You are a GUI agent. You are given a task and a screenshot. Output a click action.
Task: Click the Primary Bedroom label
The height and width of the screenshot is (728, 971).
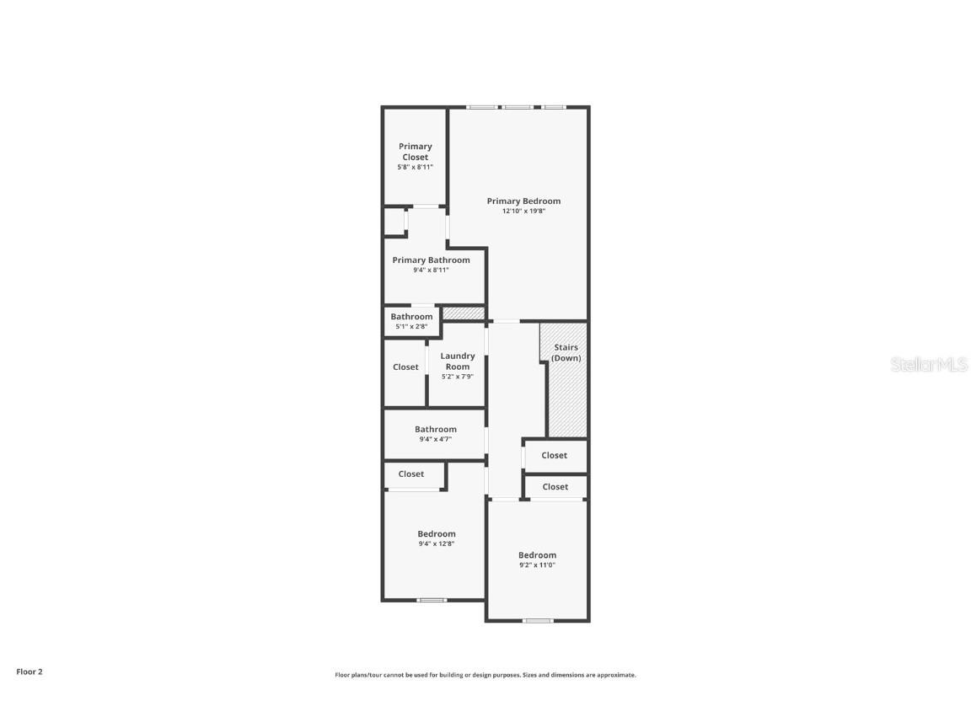(x=523, y=201)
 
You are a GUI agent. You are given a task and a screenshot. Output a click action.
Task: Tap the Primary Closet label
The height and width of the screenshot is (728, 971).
(x=416, y=152)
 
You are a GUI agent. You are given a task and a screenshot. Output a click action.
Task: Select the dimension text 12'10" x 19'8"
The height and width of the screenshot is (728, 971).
(x=523, y=211)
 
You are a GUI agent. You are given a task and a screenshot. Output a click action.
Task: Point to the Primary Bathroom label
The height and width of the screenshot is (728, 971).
(x=431, y=260)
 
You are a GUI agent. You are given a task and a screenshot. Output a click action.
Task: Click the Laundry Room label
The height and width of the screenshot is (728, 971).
(x=458, y=361)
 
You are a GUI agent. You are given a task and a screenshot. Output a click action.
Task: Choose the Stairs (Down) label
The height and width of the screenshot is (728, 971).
(x=566, y=353)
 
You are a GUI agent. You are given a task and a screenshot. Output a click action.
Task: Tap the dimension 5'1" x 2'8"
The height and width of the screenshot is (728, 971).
(x=411, y=327)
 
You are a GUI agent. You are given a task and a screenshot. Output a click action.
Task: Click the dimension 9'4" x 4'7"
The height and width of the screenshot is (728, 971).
(x=435, y=439)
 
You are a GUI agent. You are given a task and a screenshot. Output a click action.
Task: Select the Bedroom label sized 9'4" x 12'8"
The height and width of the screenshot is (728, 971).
(x=437, y=534)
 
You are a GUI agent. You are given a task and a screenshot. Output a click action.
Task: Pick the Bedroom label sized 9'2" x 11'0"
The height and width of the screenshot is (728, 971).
(x=537, y=555)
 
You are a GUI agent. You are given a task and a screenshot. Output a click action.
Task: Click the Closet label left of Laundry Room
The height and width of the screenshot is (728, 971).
(x=405, y=367)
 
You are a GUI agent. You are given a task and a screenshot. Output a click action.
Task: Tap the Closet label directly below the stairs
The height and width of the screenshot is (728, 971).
(x=554, y=456)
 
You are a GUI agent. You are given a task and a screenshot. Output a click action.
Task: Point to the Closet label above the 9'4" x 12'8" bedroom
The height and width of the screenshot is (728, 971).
(x=411, y=474)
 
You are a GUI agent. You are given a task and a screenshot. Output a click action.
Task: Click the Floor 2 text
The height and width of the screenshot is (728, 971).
(x=30, y=672)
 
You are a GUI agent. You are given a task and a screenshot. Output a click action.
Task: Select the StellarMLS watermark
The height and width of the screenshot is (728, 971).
(x=929, y=365)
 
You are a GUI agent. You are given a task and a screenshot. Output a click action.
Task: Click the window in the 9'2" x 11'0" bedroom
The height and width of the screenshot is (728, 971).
(x=538, y=621)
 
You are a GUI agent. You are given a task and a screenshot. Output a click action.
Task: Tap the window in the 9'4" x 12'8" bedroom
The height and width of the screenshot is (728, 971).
(x=432, y=600)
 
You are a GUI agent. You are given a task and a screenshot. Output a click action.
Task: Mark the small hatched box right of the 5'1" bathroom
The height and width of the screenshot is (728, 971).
(x=464, y=313)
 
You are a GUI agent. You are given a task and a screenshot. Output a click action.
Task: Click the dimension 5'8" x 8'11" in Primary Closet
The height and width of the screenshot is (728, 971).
(x=416, y=167)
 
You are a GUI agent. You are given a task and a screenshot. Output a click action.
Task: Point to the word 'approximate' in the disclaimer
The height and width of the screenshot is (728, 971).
(x=616, y=675)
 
